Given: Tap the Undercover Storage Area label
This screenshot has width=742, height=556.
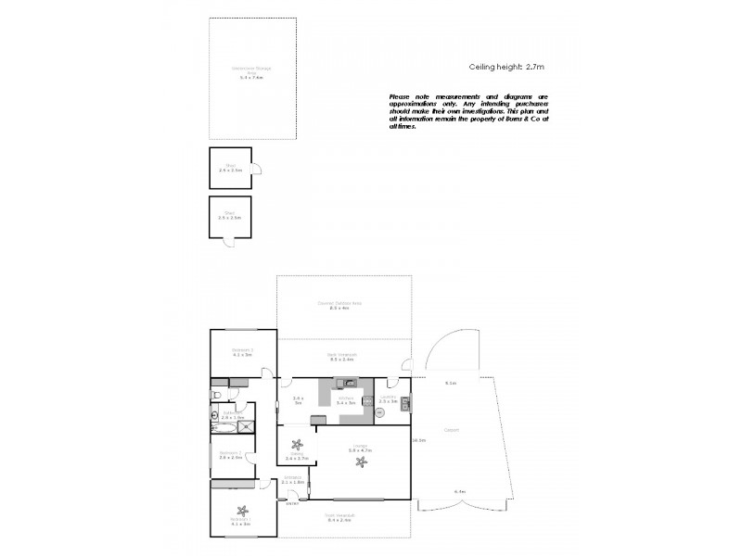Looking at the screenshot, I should tap(246, 73).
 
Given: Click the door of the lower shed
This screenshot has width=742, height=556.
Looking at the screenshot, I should tap(229, 242).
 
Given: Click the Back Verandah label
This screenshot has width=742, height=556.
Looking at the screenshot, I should tap(343, 356).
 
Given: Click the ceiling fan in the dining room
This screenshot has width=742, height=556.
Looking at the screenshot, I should tap(297, 443).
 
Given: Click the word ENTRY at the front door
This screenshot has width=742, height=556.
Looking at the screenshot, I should tap(291, 504).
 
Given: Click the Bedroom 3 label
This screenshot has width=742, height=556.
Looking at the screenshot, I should tap(243, 351).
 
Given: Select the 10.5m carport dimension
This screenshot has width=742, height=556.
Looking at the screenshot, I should tap(419, 440).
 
